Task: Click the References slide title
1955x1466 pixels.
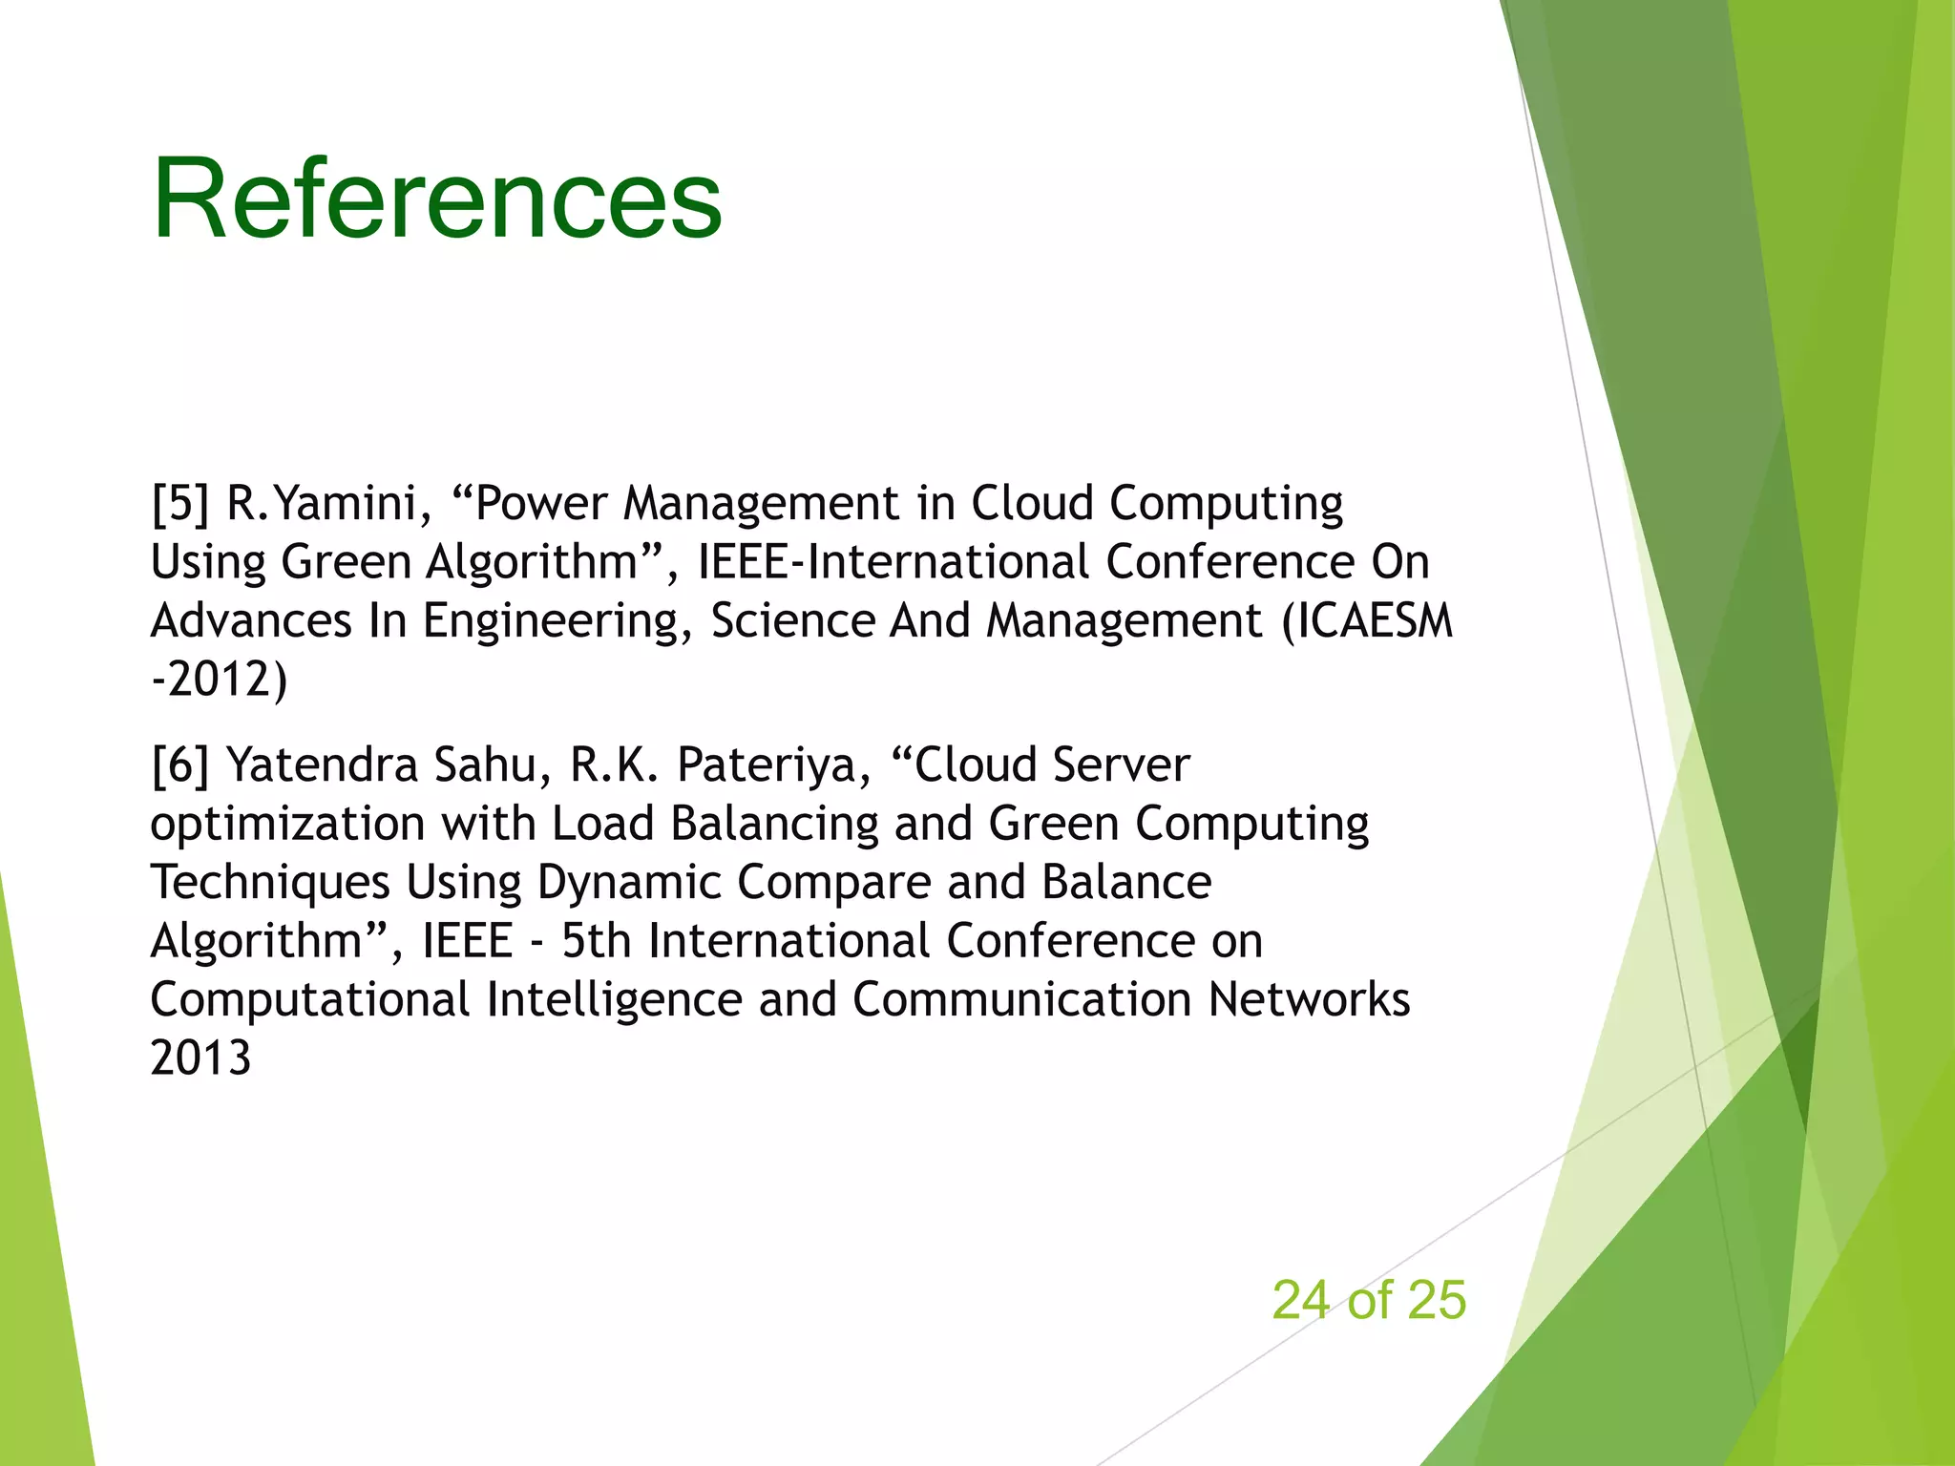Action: [436, 199]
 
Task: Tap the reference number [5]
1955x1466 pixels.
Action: [180, 503]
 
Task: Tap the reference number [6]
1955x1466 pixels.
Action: [180, 765]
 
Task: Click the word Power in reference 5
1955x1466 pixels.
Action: [540, 503]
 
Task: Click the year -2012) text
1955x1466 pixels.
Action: [219, 680]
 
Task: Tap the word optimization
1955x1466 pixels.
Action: [287, 825]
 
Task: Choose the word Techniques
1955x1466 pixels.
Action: [270, 883]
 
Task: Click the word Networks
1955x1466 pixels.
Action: [1309, 1000]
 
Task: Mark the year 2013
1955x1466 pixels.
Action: [200, 1058]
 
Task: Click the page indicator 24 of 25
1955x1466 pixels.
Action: [1368, 1300]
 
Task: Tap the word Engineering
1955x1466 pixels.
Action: [557, 622]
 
